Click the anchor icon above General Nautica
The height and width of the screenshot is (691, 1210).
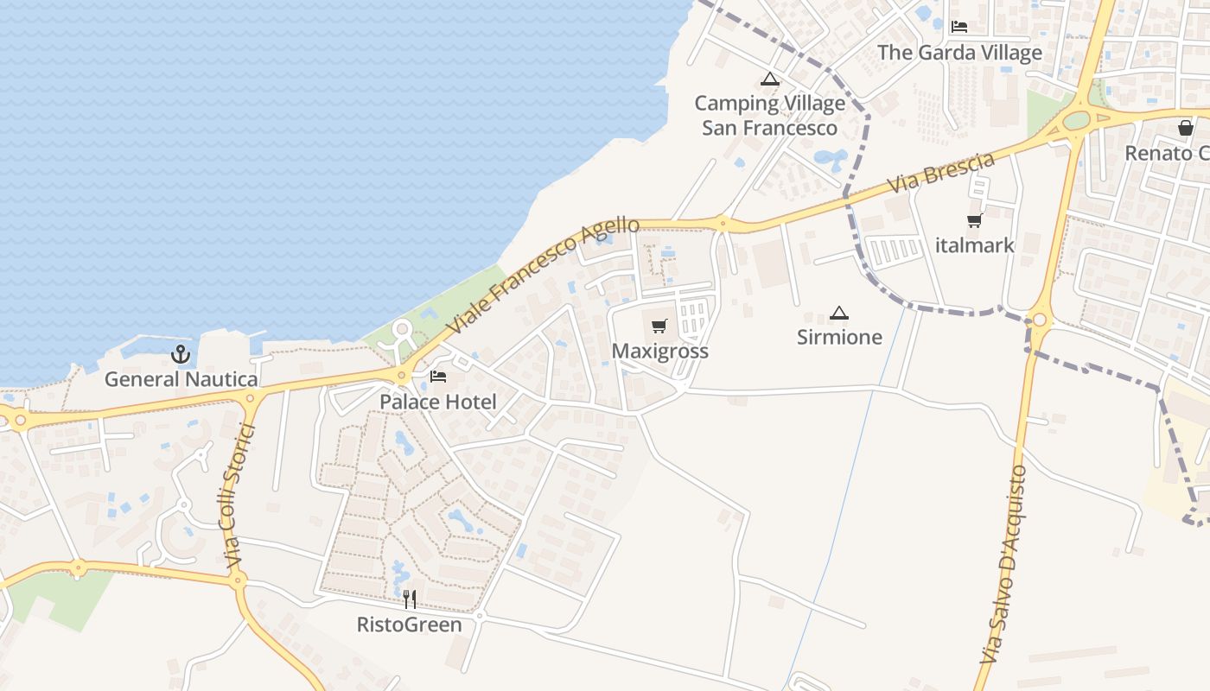(181, 353)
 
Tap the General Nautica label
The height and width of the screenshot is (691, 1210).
(181, 379)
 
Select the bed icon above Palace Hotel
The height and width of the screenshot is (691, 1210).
(438, 377)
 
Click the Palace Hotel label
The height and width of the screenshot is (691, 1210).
(438, 402)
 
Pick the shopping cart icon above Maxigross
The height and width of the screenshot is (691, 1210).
(659, 326)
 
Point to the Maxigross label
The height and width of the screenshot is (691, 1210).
(659, 351)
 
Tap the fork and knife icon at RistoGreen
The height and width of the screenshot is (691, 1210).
(410, 599)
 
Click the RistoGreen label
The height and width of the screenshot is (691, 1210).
(410, 624)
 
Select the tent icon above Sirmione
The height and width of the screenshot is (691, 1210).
(838, 313)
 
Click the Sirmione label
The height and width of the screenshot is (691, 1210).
(839, 337)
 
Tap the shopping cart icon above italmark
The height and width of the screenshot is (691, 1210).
(975, 221)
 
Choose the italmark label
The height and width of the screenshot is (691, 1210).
(975, 245)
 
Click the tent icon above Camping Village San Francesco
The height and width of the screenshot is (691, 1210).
(769, 79)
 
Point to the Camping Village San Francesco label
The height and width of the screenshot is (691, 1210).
(769, 116)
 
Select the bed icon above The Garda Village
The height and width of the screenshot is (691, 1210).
(959, 27)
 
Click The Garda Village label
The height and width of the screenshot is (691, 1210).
(959, 53)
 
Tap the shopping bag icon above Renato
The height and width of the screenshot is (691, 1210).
(1186, 128)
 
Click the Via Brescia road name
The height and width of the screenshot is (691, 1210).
(941, 172)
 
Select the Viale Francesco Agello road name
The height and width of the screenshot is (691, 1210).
(544, 276)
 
